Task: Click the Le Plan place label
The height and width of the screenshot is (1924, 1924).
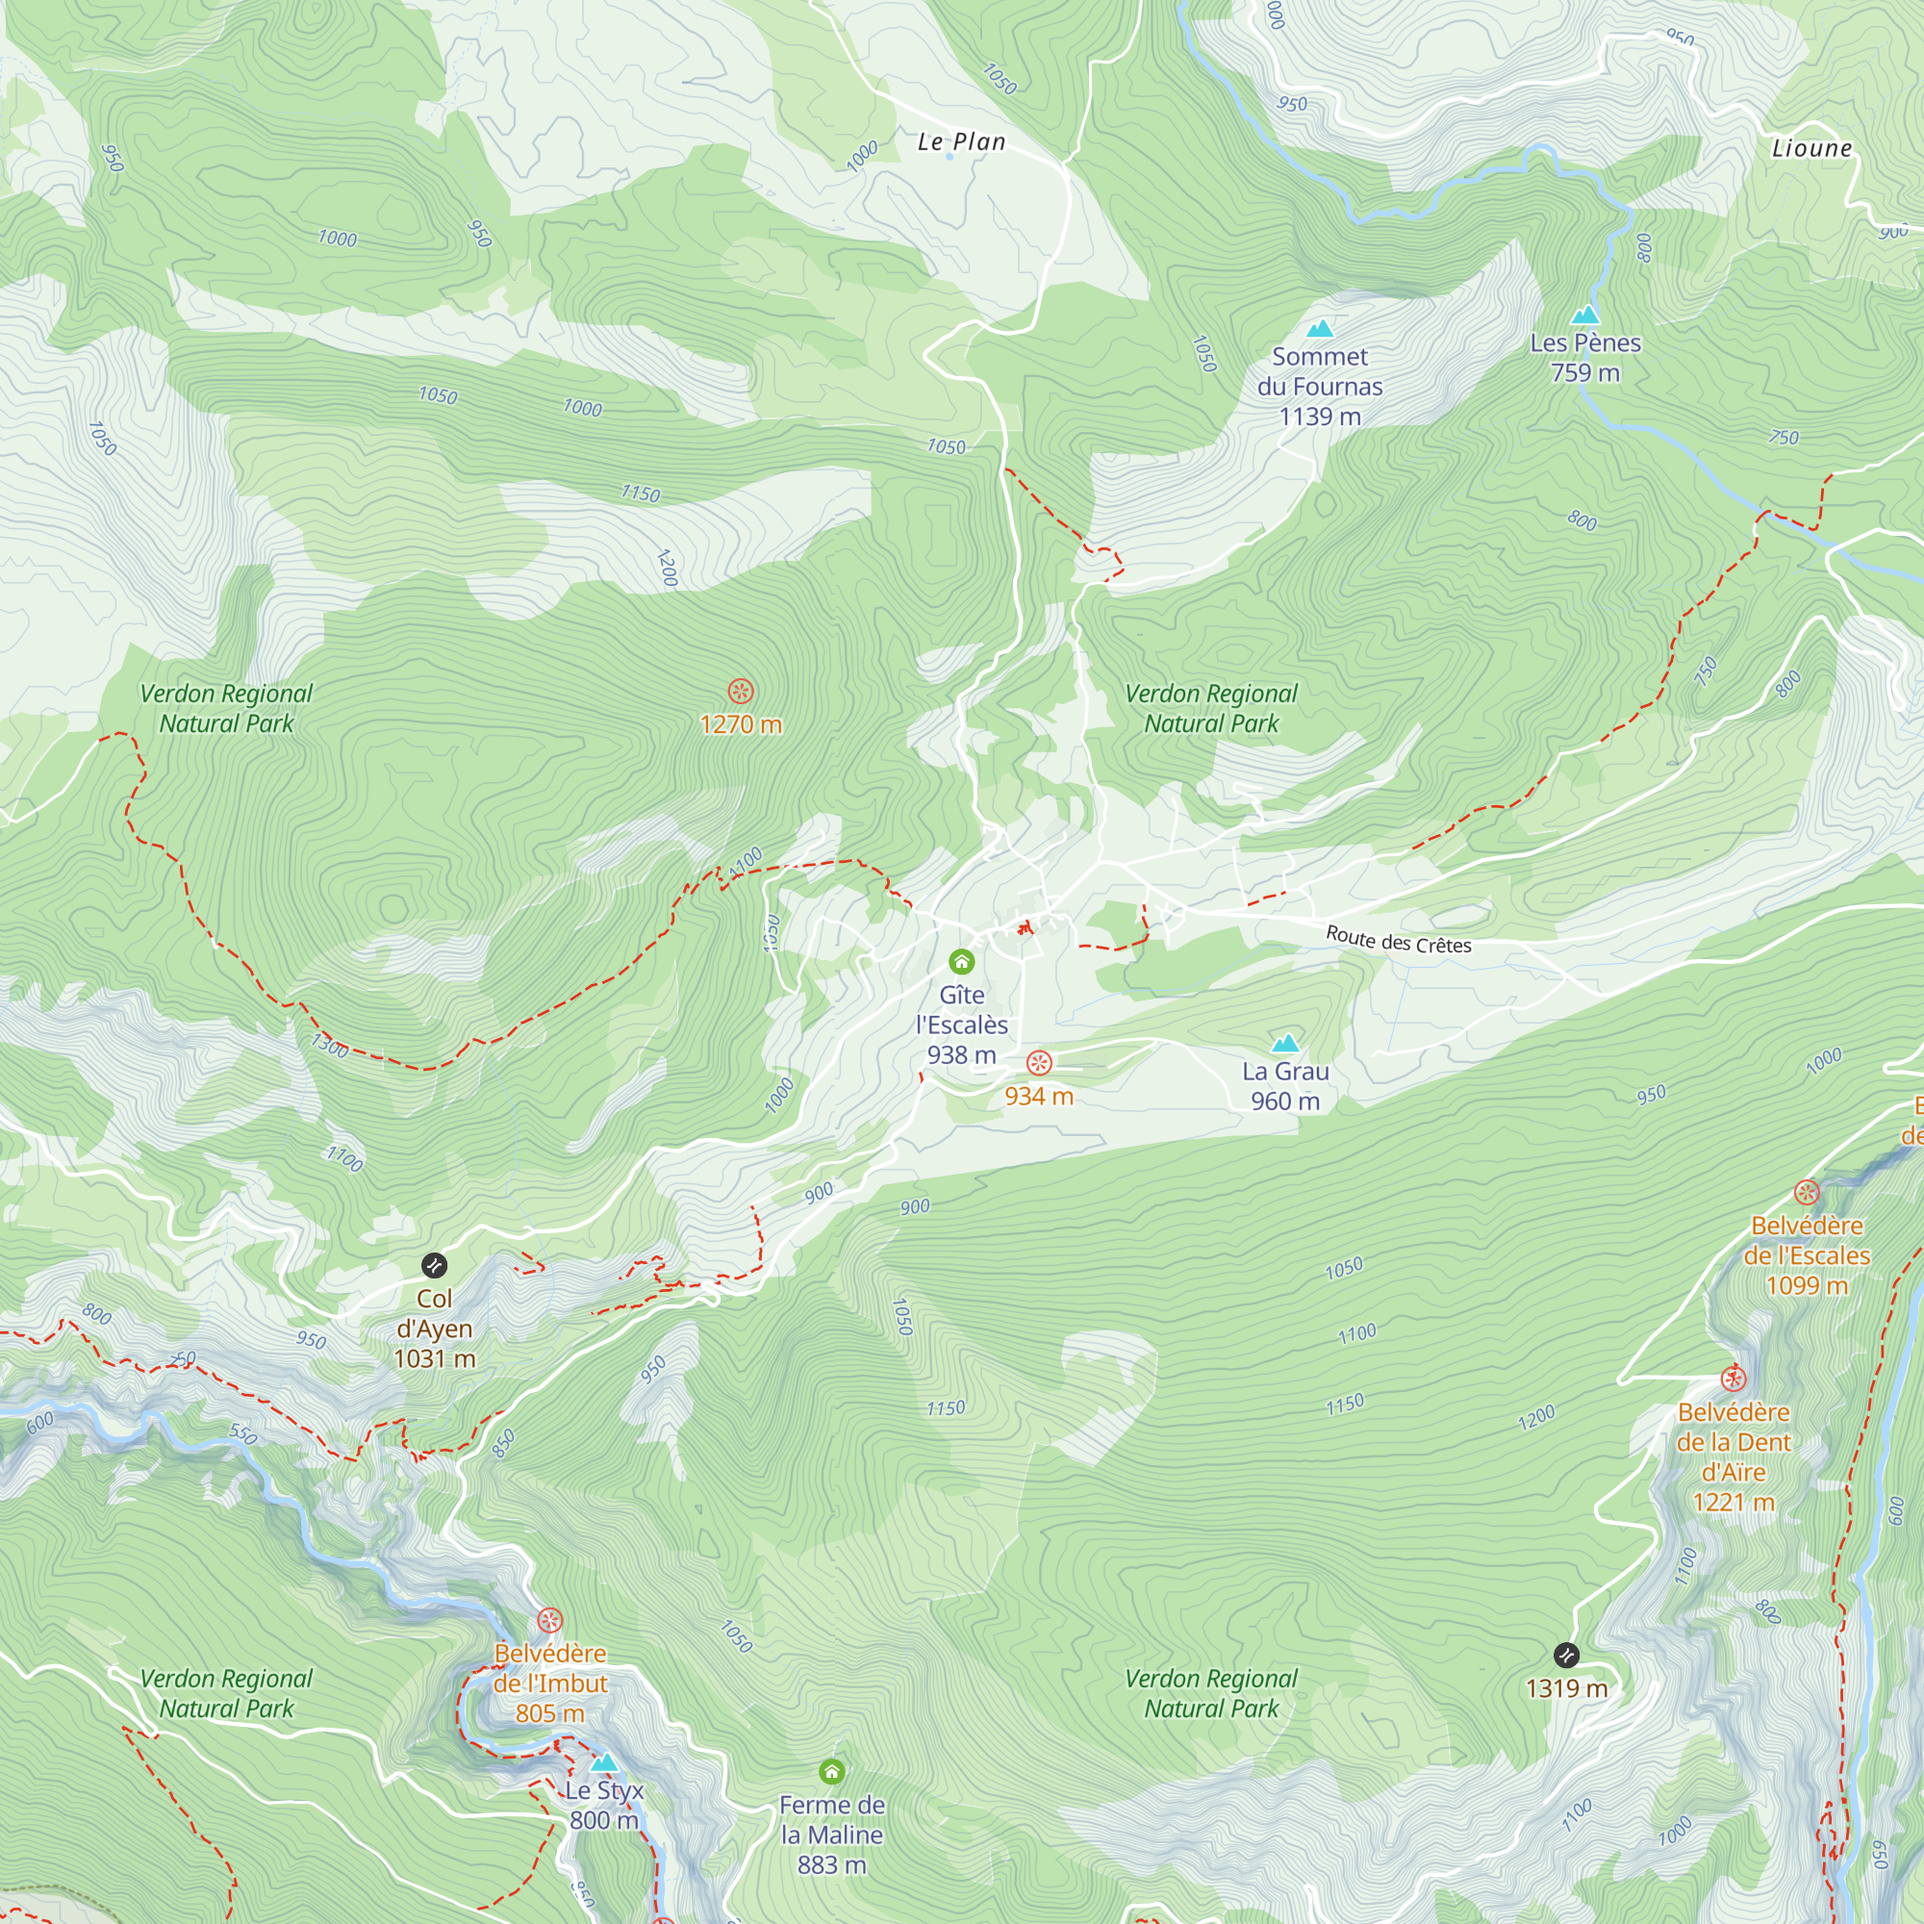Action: pyautogui.click(x=961, y=142)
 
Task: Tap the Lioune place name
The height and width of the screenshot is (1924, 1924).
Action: pyautogui.click(x=1811, y=148)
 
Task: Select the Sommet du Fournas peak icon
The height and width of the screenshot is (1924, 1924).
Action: pyautogui.click(x=1320, y=329)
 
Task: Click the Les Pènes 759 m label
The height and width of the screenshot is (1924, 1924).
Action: pyautogui.click(x=1584, y=358)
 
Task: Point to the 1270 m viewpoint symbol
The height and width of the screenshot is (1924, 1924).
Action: pyautogui.click(x=740, y=691)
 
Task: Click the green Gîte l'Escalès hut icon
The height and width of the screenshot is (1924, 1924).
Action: pyautogui.click(x=961, y=961)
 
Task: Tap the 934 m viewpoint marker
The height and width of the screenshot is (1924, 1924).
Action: pyautogui.click(x=1039, y=1064)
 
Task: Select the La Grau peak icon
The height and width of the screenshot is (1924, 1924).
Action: pyautogui.click(x=1285, y=1044)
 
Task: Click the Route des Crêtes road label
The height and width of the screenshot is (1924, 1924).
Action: pyautogui.click(x=1398, y=939)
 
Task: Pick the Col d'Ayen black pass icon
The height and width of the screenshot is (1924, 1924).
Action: pyautogui.click(x=434, y=1266)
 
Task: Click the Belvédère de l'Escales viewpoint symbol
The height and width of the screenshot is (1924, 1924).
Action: pyautogui.click(x=1807, y=1192)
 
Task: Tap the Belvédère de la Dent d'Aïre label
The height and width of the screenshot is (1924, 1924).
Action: pyautogui.click(x=1733, y=1456)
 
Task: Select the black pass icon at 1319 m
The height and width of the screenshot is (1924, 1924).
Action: pyautogui.click(x=1566, y=1655)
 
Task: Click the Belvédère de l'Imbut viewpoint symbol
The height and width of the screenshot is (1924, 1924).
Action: pyautogui.click(x=549, y=1620)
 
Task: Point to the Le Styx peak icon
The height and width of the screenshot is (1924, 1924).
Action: pyautogui.click(x=603, y=1763)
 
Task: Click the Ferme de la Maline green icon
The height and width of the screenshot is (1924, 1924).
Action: pyautogui.click(x=831, y=1772)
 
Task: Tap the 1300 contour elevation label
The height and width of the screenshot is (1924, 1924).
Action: pyautogui.click(x=330, y=1046)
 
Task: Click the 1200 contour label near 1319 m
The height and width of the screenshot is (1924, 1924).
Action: pyautogui.click(x=1535, y=1418)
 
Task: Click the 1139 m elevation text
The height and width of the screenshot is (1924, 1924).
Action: pyautogui.click(x=1320, y=417)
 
